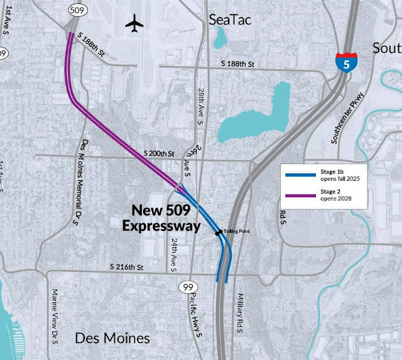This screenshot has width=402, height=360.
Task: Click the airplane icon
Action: (x=134, y=24)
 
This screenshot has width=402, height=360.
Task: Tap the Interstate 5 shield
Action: (x=345, y=61)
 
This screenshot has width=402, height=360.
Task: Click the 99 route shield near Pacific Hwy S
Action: (x=187, y=286)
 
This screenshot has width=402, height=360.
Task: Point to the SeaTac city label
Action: (x=230, y=20)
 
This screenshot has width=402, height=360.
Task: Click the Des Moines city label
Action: (x=112, y=339)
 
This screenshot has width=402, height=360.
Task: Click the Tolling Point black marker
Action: (x=219, y=233)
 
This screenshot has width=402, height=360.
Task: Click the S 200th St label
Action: (x=160, y=153)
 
